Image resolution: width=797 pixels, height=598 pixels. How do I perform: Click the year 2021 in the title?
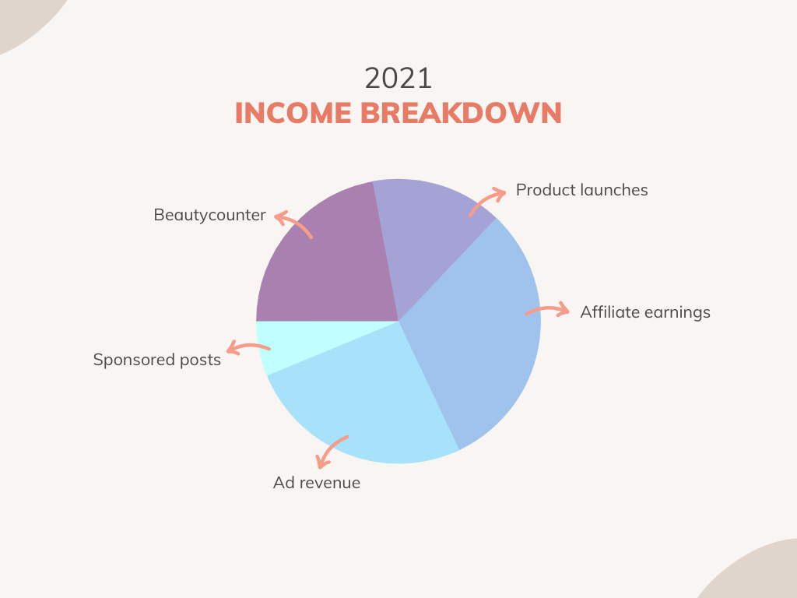click(398, 79)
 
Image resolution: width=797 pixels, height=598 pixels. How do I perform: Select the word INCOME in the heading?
click(293, 113)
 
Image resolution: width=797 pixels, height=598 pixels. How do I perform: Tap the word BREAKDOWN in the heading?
click(461, 113)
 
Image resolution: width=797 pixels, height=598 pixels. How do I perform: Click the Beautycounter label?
click(209, 215)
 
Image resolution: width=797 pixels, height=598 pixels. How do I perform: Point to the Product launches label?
click(581, 190)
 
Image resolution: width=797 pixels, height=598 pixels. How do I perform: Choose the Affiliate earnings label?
click(645, 312)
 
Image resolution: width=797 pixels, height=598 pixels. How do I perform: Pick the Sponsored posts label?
click(156, 360)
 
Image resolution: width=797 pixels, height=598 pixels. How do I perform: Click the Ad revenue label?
click(317, 483)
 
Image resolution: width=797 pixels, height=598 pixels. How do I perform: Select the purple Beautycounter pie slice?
click(330, 265)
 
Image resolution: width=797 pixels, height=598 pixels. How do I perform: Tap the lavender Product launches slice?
click(427, 229)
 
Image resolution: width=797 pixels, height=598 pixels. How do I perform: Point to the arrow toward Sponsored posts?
click(248, 346)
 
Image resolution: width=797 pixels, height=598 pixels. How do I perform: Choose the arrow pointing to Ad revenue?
click(329, 448)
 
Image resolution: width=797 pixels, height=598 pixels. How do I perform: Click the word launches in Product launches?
click(614, 190)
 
